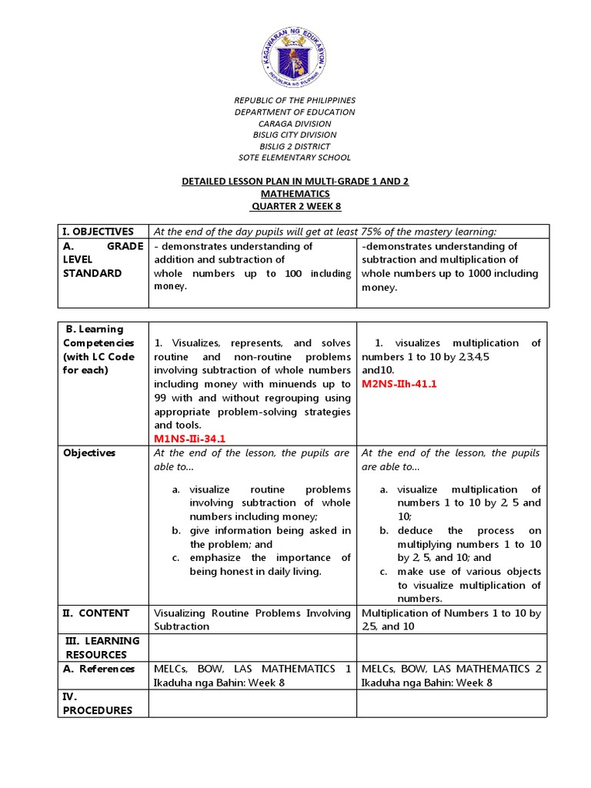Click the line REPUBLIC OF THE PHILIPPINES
(x=295, y=101)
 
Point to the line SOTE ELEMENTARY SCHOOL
(x=295, y=158)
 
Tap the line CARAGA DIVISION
(x=295, y=124)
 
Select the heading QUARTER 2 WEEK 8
(x=295, y=206)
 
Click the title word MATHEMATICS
(x=295, y=194)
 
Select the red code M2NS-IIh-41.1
(x=399, y=384)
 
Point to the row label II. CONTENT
(x=96, y=613)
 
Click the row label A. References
(x=99, y=669)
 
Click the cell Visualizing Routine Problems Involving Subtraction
(x=252, y=619)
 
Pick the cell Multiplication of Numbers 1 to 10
(x=451, y=619)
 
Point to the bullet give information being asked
(x=269, y=537)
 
